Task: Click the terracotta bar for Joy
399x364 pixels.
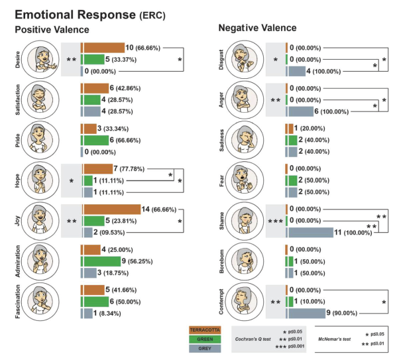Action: [x=111, y=210]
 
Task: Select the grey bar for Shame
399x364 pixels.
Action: [x=310, y=232]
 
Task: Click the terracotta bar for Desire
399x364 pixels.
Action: [x=103, y=48]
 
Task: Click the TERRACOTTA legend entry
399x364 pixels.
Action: [x=206, y=328]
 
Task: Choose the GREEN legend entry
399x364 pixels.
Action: [x=206, y=338]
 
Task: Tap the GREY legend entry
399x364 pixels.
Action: [x=206, y=348]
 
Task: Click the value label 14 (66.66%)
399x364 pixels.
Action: [x=163, y=210]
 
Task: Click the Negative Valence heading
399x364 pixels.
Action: [x=258, y=29]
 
